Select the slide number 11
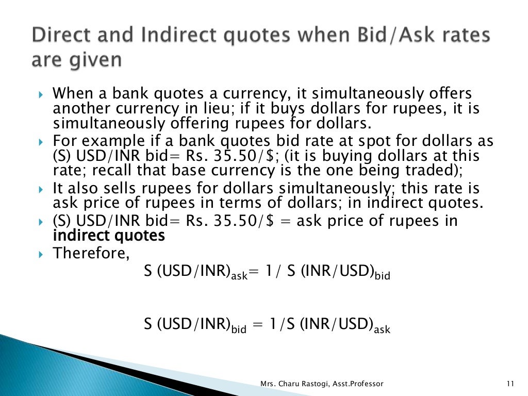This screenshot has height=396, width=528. pos(511,384)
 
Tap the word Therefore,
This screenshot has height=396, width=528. pos(92,253)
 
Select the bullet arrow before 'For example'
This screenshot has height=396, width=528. pos(42,142)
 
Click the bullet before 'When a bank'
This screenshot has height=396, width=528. pos(42,95)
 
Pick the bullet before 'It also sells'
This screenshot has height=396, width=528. pos(42,189)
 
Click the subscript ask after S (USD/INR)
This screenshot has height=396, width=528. pos(239,276)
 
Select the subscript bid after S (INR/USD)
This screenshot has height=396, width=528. pos(382,276)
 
